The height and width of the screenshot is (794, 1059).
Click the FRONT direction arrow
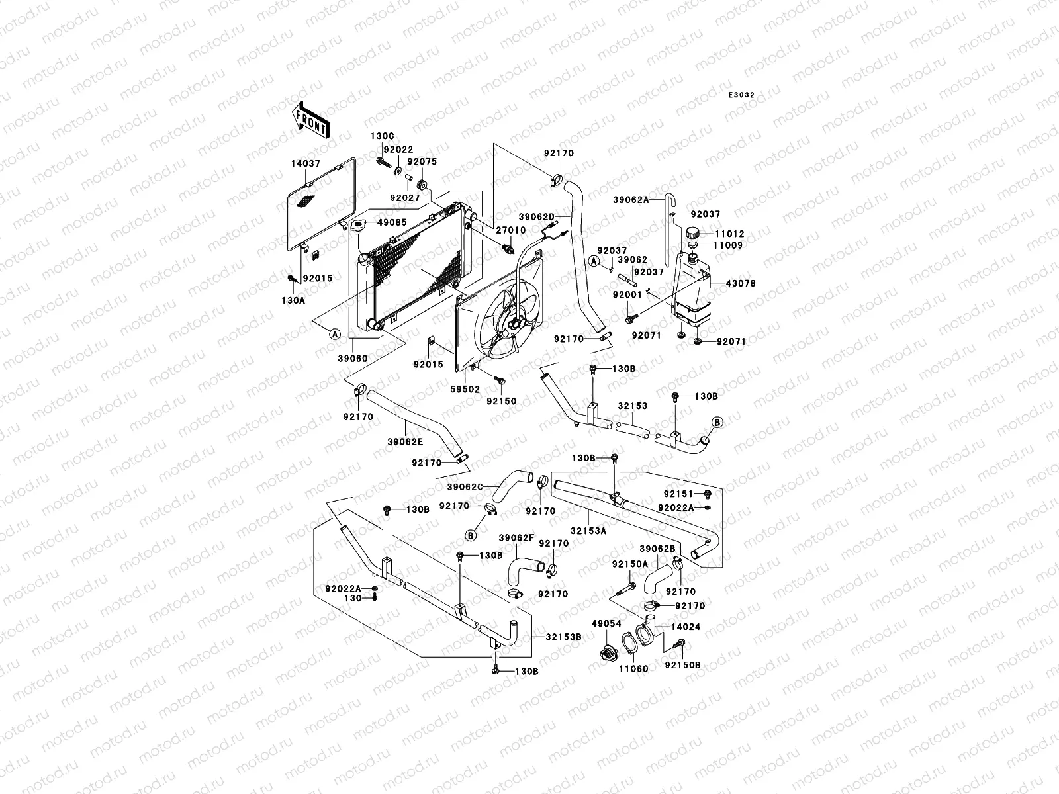[x=310, y=120]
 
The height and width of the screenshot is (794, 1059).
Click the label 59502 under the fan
[x=466, y=390]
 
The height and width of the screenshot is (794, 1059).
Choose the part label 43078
[x=741, y=283]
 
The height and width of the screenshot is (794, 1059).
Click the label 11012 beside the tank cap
[x=730, y=234]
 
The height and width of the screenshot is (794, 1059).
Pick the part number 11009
[x=729, y=245]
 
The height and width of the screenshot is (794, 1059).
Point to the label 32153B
[x=564, y=637]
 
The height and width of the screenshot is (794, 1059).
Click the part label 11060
[x=634, y=669]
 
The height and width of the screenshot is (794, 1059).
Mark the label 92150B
[x=682, y=665]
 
